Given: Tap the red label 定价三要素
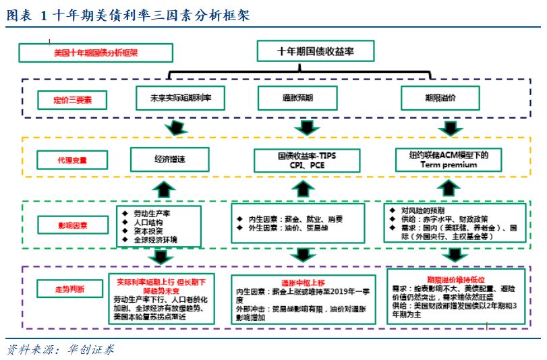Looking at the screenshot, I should click(72, 100).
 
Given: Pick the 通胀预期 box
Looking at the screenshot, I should click(297, 98).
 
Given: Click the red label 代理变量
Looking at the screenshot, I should click(72, 160).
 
